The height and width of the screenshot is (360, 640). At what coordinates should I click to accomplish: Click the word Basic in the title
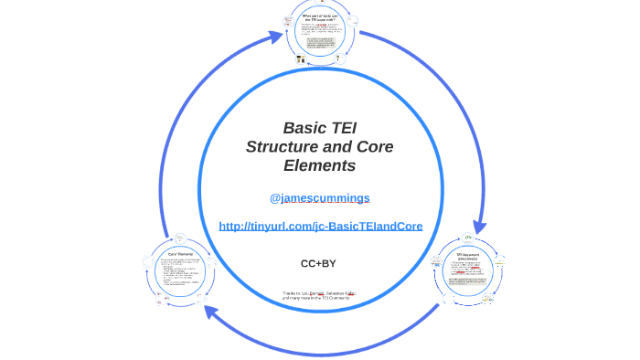pos(304,128)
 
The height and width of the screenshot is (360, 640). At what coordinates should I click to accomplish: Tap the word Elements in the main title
pos(319,166)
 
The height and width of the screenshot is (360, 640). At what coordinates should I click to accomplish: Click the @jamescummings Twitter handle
pos(319,197)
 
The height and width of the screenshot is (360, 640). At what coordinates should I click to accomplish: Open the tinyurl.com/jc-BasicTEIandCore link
pos(320,226)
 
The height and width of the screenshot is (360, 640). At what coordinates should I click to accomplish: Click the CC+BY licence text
pos(318,263)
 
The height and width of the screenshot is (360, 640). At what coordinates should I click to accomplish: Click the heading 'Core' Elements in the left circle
pos(178,253)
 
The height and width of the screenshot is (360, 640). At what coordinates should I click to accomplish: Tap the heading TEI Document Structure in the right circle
pos(467,256)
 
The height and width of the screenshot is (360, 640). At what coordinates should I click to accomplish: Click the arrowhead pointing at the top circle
pos(276,37)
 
